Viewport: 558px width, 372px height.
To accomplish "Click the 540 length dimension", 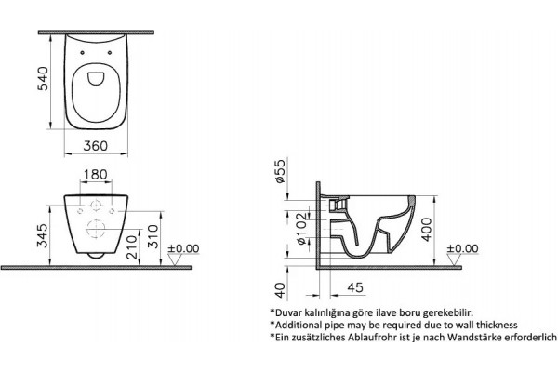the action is [43, 79].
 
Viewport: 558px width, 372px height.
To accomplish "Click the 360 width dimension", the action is [96, 146].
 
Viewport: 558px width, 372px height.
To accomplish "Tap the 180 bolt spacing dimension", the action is [96, 175].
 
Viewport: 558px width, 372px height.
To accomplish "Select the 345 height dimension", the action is [43, 235].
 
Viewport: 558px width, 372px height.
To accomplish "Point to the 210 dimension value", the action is [132, 246].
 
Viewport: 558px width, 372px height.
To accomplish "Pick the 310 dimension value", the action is [153, 236].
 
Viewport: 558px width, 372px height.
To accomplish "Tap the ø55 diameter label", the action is [281, 171].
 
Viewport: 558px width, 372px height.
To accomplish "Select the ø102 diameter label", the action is [300, 229].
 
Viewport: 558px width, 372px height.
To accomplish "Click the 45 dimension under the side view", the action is [355, 287].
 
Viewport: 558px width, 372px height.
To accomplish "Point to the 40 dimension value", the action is [281, 290].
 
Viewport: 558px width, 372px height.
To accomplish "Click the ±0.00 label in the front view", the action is [183, 248].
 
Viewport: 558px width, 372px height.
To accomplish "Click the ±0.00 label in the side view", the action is [462, 248].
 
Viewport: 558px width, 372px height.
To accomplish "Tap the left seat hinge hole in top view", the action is [83, 53].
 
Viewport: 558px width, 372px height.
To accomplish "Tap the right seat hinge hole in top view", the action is [110, 53].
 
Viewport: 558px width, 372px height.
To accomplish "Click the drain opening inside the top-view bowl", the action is [96, 79].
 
